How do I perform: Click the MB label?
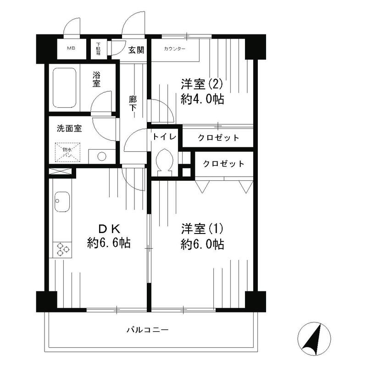pyautogui.click(x=71, y=48)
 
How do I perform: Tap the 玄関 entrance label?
pyautogui.click(x=136, y=50)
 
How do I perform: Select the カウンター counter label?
pyautogui.click(x=175, y=49)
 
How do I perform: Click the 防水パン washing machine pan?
pyautogui.click(x=67, y=152)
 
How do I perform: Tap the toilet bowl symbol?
pyautogui.click(x=164, y=161)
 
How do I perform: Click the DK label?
pyautogui.click(x=108, y=228)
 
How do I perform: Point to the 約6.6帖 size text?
pyautogui.click(x=109, y=243)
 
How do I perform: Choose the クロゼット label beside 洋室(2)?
pyautogui.click(x=218, y=138)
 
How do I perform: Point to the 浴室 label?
pyautogui.click(x=97, y=79)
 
